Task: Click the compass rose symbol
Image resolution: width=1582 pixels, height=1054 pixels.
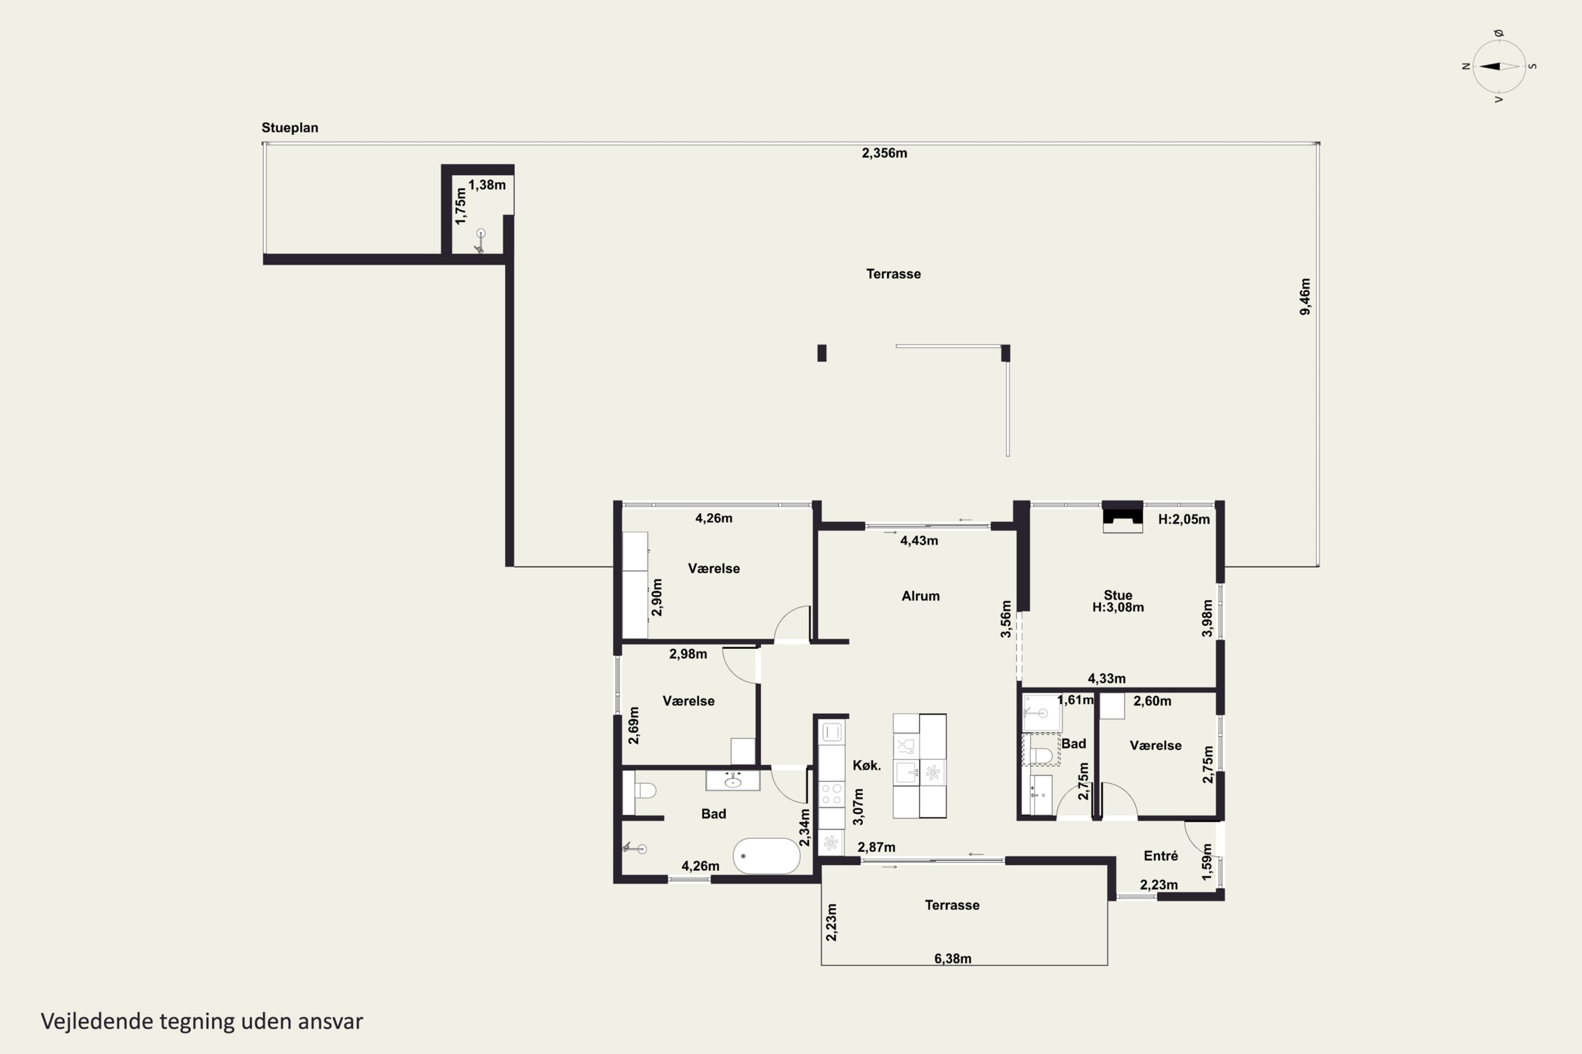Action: [1499, 66]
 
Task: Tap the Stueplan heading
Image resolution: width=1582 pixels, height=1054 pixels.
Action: [290, 128]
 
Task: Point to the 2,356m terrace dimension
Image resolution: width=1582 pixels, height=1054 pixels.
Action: [884, 153]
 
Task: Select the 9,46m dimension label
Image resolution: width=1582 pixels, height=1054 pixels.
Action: [1305, 296]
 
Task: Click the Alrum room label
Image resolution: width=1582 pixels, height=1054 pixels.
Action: [920, 596]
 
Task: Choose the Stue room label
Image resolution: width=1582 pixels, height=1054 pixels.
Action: [1118, 595]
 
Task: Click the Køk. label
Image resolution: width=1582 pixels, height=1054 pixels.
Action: [866, 765]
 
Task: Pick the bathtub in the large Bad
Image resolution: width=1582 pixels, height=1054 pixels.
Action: [766, 856]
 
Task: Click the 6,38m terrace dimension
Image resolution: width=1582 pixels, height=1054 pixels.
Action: [952, 959]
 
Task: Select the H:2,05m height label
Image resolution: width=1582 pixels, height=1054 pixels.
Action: [1184, 519]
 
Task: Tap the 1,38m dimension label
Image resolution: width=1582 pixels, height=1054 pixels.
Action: [487, 185]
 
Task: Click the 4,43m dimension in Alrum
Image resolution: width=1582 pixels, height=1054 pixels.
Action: [919, 541]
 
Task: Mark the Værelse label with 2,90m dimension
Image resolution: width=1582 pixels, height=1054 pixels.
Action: [713, 569]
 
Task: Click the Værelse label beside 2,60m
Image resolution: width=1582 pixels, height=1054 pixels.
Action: [1155, 746]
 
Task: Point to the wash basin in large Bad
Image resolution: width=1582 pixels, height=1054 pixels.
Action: [732, 780]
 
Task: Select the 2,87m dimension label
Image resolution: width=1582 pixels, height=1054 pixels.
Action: [876, 847]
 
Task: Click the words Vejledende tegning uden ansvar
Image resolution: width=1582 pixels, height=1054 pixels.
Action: [202, 1021]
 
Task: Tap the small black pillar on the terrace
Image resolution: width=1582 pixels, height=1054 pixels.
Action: [822, 353]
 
